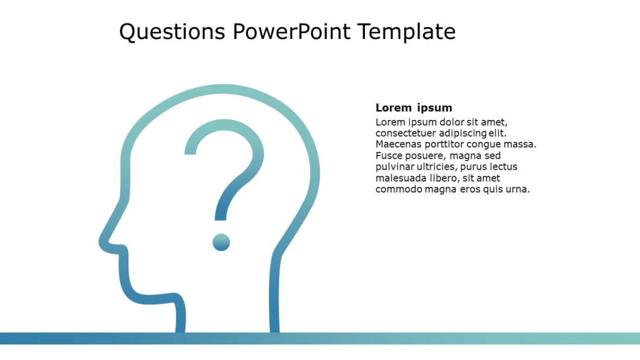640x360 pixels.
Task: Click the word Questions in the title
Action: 171,32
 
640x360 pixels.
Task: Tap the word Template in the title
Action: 406,32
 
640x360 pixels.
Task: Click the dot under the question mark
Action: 221,242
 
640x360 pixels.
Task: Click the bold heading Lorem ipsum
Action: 413,107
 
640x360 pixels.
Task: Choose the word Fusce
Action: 388,156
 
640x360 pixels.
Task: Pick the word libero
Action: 443,178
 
